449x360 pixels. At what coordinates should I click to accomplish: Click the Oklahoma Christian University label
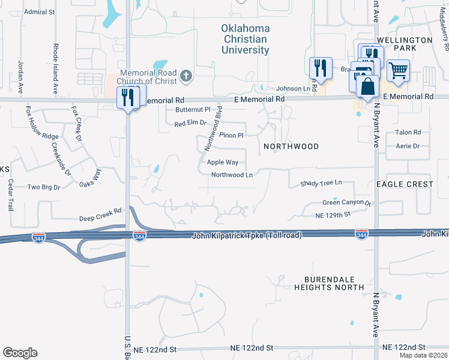click(x=245, y=39)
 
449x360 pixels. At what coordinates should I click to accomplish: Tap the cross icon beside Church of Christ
click(x=186, y=76)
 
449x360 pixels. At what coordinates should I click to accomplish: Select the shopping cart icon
click(x=398, y=71)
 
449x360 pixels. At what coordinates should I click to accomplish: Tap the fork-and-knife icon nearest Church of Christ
click(x=127, y=97)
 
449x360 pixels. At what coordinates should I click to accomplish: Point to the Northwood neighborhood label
click(x=291, y=146)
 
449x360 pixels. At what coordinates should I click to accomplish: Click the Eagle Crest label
click(x=405, y=184)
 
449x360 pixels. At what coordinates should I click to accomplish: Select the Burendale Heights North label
click(x=329, y=283)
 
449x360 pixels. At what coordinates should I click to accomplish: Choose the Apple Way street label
click(x=223, y=162)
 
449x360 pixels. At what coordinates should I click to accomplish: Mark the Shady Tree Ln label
click(x=321, y=182)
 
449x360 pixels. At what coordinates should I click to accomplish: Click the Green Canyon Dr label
click(x=347, y=203)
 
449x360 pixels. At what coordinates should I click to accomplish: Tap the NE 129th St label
click(x=333, y=214)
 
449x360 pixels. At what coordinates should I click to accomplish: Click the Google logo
click(x=20, y=353)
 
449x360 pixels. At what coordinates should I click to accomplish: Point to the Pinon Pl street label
click(x=231, y=135)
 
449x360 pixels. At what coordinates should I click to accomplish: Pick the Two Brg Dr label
click(x=44, y=187)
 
